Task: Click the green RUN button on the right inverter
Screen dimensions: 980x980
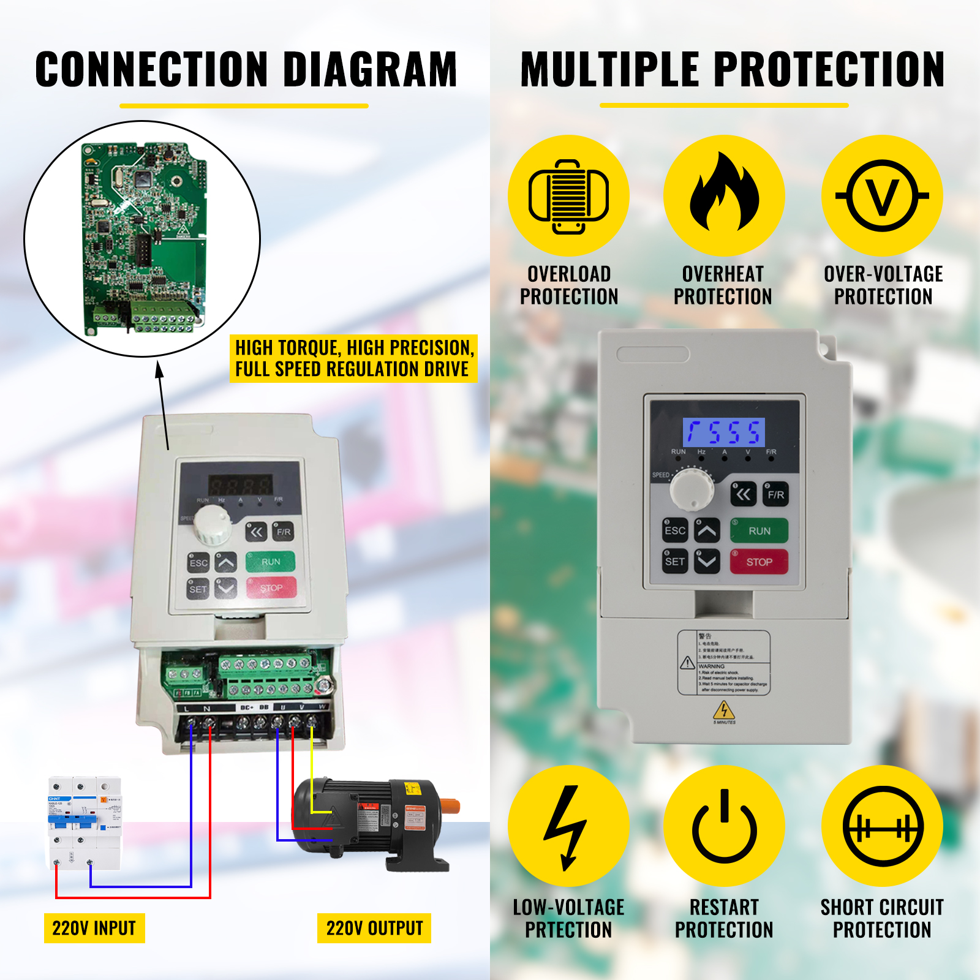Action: [x=759, y=531]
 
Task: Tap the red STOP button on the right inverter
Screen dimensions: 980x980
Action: [x=759, y=562]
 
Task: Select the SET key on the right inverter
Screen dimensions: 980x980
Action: [x=675, y=561]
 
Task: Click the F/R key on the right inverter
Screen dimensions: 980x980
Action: [x=775, y=494]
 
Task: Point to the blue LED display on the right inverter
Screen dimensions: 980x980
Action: [x=724, y=432]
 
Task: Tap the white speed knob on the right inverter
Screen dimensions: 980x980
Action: [x=692, y=489]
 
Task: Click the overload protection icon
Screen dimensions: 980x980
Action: [x=568, y=196]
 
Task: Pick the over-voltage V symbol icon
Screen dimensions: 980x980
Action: [x=882, y=196]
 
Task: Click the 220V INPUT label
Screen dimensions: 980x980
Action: [x=94, y=929]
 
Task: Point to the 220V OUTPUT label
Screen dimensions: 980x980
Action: [x=374, y=929]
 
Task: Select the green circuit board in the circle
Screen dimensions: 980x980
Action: [x=145, y=239]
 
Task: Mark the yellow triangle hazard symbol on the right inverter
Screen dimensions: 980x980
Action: [x=724, y=710]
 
